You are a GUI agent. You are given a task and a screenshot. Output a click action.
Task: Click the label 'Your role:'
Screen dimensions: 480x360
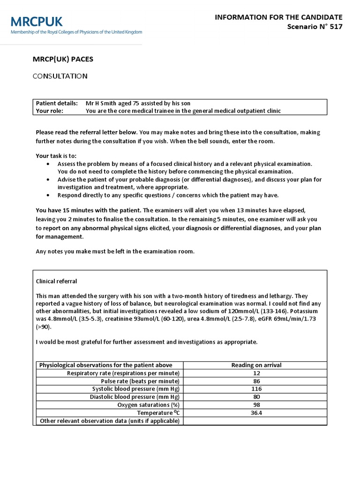pos(50,111)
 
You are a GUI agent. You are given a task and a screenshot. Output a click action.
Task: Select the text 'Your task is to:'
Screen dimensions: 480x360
pos(56,156)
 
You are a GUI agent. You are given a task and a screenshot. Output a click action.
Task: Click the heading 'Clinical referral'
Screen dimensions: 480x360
pos(56,281)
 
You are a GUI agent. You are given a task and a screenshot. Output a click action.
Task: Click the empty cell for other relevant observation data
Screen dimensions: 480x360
pos(255,421)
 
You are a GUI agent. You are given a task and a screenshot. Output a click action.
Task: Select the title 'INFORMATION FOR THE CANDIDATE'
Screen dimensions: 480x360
pos(278,17)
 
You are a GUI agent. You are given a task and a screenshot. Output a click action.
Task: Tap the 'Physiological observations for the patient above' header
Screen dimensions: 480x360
pos(105,365)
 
